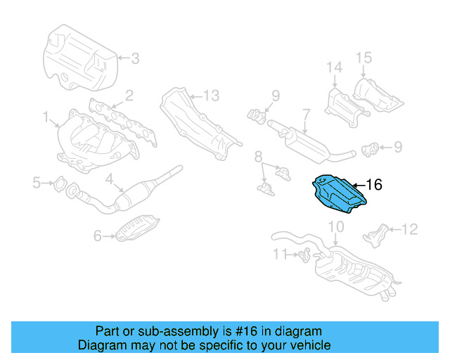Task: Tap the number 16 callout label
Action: (x=374, y=185)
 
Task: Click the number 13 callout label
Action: (x=212, y=95)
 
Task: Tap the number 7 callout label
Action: (x=306, y=113)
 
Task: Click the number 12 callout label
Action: (x=409, y=229)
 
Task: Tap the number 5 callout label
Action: (x=36, y=184)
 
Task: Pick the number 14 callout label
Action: (x=333, y=67)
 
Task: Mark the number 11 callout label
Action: (x=281, y=253)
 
